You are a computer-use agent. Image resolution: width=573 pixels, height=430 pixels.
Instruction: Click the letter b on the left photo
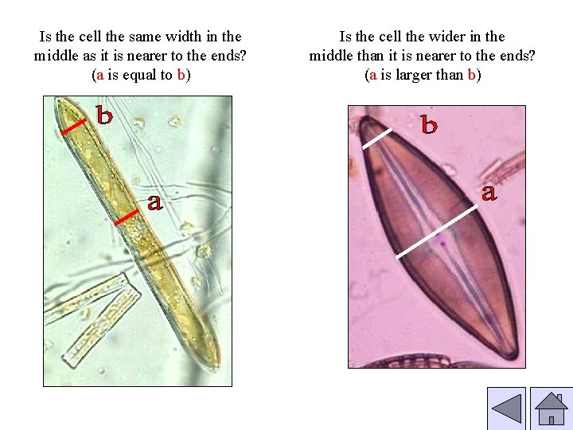coord(104,115)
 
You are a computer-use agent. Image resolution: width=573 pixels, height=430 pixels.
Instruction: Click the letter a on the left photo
coord(154,202)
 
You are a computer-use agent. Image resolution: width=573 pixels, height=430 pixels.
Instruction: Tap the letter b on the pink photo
coord(429,125)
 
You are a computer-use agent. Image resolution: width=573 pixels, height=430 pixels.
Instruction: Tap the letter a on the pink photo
coord(489,192)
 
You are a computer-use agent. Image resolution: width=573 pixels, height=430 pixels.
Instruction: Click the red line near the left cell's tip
coord(73,126)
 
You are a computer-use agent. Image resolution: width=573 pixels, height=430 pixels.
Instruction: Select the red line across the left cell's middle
coord(126,217)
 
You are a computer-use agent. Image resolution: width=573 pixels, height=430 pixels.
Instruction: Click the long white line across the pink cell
coord(438,228)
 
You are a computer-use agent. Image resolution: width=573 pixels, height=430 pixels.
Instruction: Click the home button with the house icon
coord(551,409)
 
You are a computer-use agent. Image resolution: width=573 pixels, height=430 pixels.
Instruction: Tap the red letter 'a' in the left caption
coord(98,76)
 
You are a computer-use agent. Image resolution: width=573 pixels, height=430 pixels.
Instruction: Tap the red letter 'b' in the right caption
coord(472,76)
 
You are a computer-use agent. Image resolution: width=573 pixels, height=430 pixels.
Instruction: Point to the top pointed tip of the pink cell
coord(361,119)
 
